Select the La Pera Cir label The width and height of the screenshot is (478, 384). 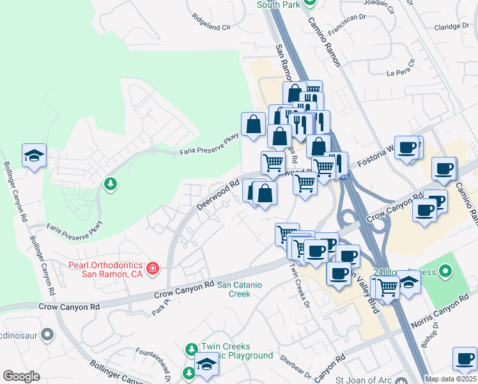coord(401,68)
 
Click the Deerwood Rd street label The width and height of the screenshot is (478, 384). coord(217,195)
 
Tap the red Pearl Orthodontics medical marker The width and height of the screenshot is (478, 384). coord(153,268)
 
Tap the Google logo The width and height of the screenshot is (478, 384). coord(21,376)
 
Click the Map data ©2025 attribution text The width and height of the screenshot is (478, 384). coord(451,379)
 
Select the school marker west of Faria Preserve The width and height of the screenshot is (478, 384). coord(35,156)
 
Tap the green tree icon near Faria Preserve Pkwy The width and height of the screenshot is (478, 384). coord(111,184)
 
